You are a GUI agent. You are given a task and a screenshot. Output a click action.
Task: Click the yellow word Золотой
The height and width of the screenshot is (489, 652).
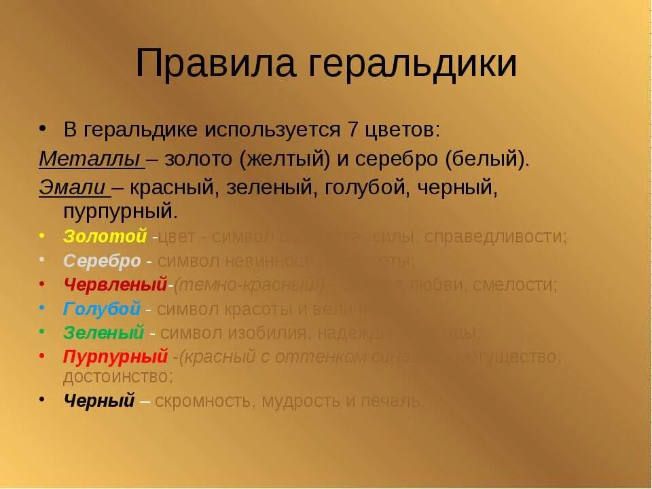point(105,236)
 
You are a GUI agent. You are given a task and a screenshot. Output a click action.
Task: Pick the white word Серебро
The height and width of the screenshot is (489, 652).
point(102,261)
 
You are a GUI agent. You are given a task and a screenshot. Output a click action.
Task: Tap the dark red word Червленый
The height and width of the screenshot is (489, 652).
point(115,285)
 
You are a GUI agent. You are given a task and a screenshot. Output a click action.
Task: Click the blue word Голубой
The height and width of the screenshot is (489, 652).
point(102,308)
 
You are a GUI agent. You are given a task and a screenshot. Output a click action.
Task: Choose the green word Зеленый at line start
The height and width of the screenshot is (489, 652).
point(104,333)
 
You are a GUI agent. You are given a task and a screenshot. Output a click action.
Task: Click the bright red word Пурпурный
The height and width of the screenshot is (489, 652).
point(115,357)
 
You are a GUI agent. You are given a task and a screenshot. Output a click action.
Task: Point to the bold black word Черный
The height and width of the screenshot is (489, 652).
point(99,401)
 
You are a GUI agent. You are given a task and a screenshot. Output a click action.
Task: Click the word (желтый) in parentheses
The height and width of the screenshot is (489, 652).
point(284,159)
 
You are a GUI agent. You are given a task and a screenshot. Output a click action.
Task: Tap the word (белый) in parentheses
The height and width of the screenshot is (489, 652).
point(486,159)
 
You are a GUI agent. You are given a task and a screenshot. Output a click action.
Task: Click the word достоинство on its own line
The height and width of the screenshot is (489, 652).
point(118,376)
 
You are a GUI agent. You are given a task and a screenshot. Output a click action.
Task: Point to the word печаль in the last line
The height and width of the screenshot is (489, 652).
point(394,401)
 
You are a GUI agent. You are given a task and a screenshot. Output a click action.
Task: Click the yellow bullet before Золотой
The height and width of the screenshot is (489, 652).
point(43,235)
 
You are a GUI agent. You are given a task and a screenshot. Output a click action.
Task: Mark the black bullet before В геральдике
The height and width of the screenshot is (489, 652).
point(43,127)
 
